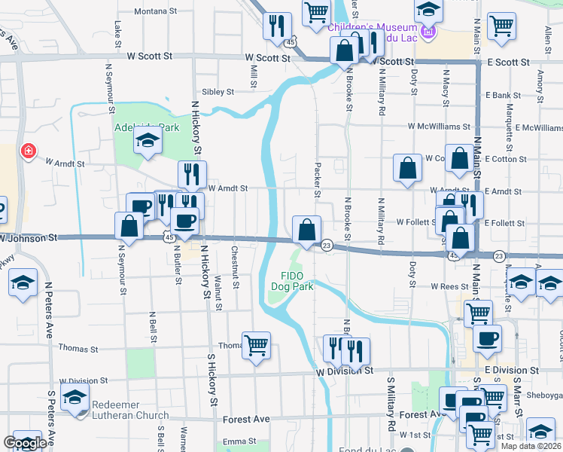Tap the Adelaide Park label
pyautogui.click(x=147, y=127)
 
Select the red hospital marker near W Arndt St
pyautogui.click(x=29, y=151)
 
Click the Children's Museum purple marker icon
pyautogui.click(x=428, y=32)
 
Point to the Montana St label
pyautogui.click(x=156, y=12)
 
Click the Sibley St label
pyautogui.click(x=218, y=92)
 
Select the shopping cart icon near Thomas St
pyautogui.click(x=257, y=344)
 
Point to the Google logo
pyautogui.click(x=25, y=444)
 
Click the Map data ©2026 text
pyautogui.click(x=531, y=446)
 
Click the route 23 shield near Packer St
pyautogui.click(x=327, y=246)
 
